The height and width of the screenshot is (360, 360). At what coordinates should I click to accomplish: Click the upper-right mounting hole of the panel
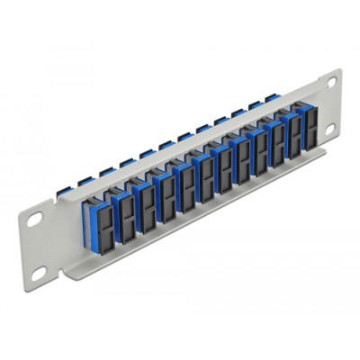pos(331,84)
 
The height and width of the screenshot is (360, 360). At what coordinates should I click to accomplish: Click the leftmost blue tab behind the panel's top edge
pos(105,169)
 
